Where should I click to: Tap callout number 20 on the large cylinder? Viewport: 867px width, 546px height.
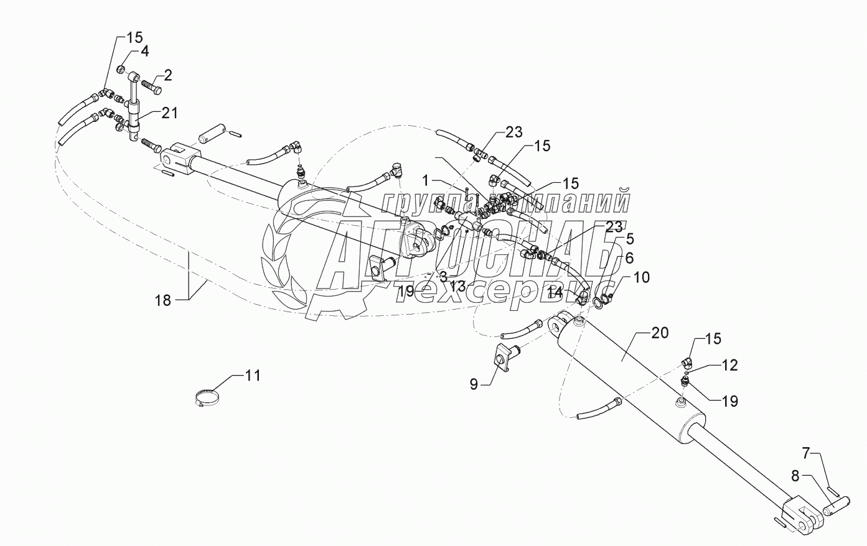pos(660,333)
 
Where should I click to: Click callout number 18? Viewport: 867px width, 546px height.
pos(162,300)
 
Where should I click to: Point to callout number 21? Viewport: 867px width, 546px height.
pos(170,113)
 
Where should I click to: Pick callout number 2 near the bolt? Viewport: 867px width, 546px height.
pos(167,75)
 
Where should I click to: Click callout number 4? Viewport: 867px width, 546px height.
pos(144,52)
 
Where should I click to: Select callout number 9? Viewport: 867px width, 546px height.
pos(474,384)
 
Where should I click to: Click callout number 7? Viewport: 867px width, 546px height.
pos(805,453)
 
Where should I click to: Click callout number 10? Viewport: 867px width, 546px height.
pos(641,277)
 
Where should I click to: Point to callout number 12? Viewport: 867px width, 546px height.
pos(730,366)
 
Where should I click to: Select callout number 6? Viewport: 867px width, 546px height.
pos(629,256)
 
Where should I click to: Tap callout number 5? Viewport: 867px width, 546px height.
pos(630,238)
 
